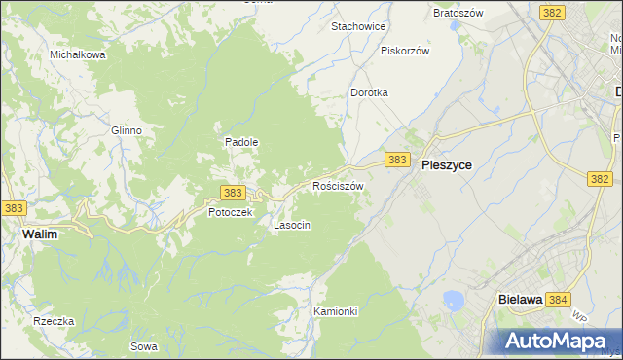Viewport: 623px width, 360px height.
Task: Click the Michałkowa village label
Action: click(x=78, y=54)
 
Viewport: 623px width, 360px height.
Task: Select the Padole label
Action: click(x=241, y=141)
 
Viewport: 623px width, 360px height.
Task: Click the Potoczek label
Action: click(x=230, y=212)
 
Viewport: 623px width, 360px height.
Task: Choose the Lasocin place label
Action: click(x=292, y=225)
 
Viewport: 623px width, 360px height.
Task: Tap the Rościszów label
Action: click(x=338, y=185)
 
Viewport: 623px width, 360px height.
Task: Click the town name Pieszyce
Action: click(x=447, y=165)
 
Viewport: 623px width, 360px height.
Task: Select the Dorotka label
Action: click(x=369, y=92)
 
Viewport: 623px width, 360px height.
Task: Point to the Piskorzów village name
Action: click(x=405, y=50)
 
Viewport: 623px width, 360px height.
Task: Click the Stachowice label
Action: click(x=359, y=26)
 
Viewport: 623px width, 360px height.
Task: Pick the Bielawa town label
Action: click(x=519, y=301)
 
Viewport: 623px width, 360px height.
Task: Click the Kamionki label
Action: click(x=336, y=311)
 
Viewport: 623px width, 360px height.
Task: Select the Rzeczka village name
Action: click(x=54, y=321)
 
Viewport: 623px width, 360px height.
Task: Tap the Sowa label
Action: click(x=143, y=345)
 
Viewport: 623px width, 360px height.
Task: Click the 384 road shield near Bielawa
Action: click(x=558, y=301)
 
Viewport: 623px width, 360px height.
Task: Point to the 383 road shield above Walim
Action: click(x=15, y=208)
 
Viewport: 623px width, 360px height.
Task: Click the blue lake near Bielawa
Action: click(x=452, y=300)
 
